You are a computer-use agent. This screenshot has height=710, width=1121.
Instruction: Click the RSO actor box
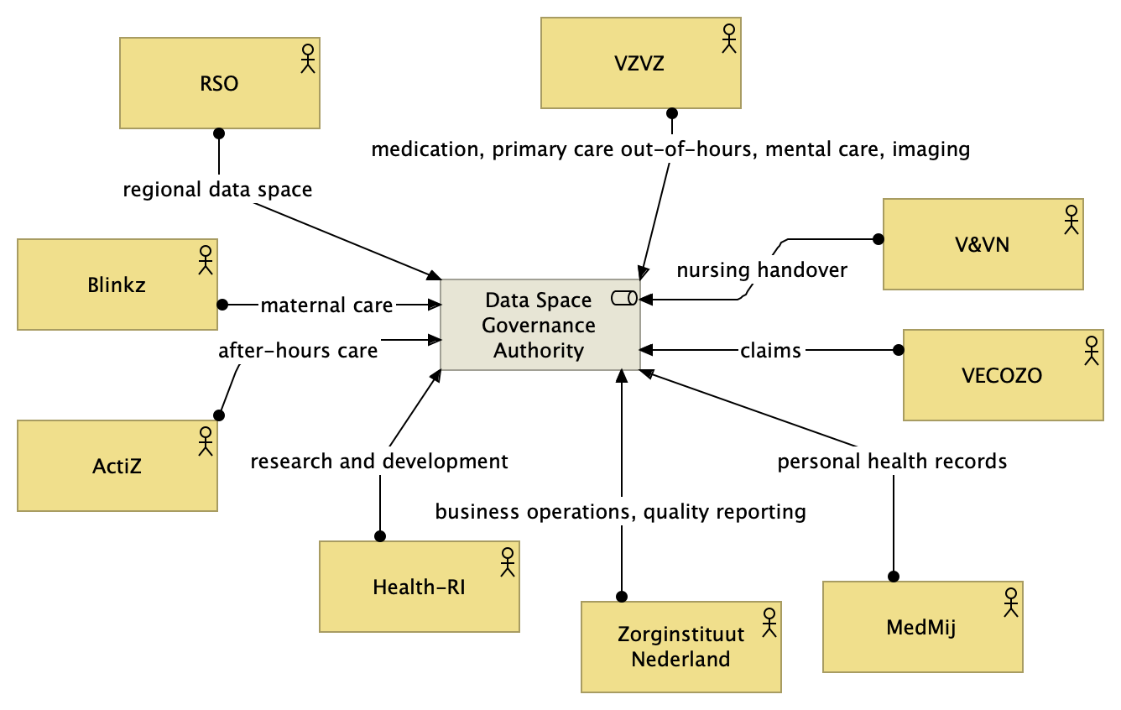coord(219,83)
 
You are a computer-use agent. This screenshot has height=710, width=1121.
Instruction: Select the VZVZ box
coord(640,63)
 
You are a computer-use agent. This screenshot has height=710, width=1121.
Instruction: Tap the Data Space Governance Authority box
coord(540,325)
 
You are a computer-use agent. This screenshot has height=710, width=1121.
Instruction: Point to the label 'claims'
coord(770,350)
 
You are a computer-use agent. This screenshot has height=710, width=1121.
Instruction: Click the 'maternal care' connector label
coord(326,305)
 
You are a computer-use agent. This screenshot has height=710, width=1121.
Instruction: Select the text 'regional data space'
coord(217,190)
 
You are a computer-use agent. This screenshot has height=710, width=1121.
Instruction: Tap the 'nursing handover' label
coord(762,270)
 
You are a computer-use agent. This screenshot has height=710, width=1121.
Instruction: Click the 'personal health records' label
coord(891,461)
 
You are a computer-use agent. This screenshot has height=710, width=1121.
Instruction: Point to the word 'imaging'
coord(931,150)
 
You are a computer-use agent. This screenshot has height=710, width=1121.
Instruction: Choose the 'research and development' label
coord(379,461)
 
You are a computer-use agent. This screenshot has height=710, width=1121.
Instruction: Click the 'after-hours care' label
coord(298,350)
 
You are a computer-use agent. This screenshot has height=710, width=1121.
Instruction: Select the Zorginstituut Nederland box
coord(680,646)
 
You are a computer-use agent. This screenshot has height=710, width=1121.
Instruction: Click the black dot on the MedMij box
coord(894,577)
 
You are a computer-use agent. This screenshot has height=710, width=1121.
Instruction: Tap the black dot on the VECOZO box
coord(898,349)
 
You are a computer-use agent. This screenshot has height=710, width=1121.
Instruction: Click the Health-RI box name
coord(419,587)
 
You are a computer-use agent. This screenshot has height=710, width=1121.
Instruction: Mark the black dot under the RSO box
coord(219,133)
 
